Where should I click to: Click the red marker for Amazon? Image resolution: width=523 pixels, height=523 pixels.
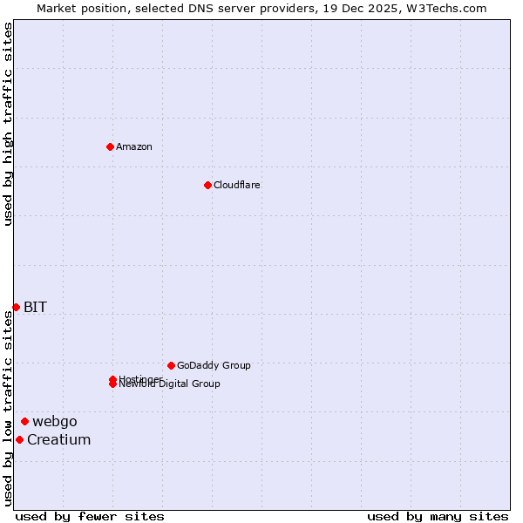click(110, 146)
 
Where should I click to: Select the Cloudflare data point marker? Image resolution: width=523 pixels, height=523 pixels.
click(207, 185)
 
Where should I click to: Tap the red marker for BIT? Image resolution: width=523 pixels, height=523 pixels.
click(16, 307)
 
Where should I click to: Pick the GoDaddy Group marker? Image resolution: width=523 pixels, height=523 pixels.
click(171, 365)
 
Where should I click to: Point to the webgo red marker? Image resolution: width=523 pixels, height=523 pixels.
click(24, 422)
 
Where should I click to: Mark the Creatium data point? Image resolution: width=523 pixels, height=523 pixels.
click(19, 439)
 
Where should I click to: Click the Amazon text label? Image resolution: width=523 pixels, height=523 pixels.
click(134, 146)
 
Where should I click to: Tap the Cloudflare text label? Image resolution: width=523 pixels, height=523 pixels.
click(237, 185)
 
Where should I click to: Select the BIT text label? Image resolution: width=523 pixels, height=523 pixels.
click(35, 307)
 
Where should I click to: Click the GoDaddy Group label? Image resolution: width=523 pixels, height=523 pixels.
click(214, 365)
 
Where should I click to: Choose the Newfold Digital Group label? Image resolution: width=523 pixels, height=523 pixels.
click(170, 384)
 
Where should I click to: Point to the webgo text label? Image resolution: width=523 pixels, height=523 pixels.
click(55, 422)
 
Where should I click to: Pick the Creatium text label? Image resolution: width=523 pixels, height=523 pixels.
click(58, 439)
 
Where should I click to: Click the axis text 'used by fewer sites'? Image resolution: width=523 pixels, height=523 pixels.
click(90, 516)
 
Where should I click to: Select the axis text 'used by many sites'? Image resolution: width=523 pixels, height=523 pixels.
click(438, 516)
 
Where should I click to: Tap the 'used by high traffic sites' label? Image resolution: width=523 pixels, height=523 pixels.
click(9, 124)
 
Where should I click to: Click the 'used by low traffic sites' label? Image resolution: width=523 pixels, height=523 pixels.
click(9, 408)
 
